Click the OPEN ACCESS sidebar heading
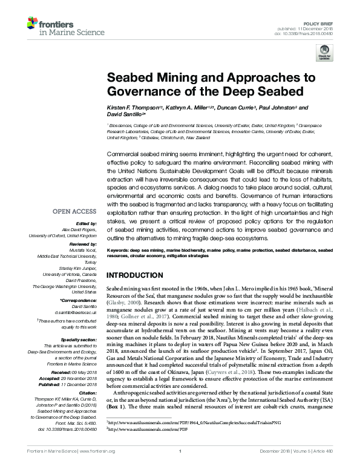tap(76, 212)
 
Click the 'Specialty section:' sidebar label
tap(77, 341)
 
